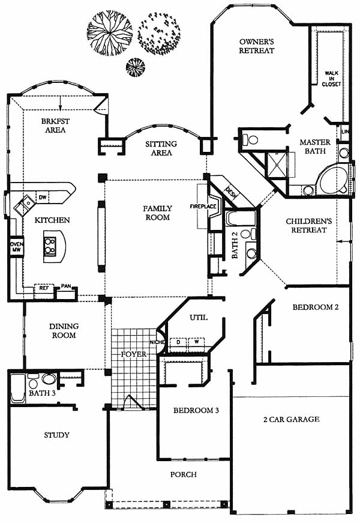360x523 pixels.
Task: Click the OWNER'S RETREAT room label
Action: click(257, 46)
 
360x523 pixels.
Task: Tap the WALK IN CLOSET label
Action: click(331, 79)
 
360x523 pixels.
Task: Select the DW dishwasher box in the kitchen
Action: click(43, 198)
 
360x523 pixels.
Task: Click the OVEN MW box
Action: click(16, 247)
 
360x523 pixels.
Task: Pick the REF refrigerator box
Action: click(44, 288)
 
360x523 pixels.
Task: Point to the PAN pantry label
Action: click(66, 286)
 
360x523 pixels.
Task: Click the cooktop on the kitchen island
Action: click(50, 246)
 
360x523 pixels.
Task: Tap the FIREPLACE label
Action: click(203, 207)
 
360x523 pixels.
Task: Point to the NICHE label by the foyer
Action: click(157, 342)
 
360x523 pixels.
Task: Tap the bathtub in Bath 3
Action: click(17, 388)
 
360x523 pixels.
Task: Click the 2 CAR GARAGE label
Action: click(292, 419)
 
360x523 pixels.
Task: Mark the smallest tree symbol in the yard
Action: click(136, 68)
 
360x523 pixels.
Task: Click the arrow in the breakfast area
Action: click(61, 103)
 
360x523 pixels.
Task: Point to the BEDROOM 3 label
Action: click(196, 410)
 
